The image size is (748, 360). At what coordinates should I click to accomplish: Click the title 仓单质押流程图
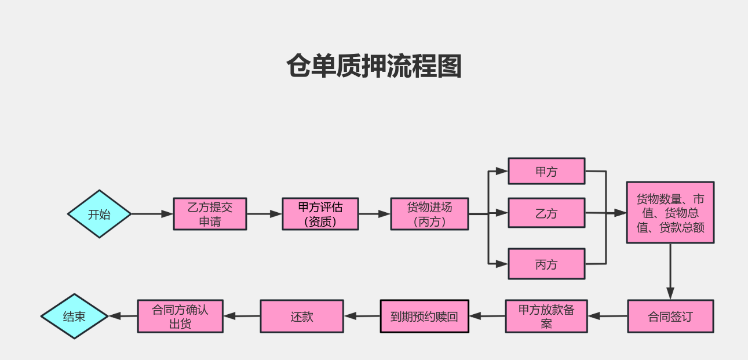pos(374,66)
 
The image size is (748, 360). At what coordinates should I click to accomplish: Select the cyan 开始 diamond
pos(100,214)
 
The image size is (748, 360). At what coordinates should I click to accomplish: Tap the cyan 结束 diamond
pos(75,316)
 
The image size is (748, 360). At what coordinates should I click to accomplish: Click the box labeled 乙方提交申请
pos(210,214)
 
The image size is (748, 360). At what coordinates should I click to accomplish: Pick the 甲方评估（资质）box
pos(320,214)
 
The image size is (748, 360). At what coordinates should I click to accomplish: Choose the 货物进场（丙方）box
pos(429,214)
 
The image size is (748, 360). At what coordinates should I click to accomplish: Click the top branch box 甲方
pos(546,171)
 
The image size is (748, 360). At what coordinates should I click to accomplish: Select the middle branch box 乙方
pos(546,213)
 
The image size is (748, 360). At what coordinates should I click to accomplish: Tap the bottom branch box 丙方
pos(546,264)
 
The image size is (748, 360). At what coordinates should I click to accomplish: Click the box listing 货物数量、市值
pos(670,212)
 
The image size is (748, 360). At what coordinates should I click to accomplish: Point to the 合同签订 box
pos(670,316)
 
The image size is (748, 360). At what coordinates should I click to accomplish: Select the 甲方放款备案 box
pos(546,316)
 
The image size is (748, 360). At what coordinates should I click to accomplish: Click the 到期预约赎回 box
pos(424,316)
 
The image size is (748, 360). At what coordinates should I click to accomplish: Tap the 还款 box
pos(301,316)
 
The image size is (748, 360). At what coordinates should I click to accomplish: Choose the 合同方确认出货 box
pos(180,316)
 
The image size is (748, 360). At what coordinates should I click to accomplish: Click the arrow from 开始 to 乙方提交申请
pos(152,214)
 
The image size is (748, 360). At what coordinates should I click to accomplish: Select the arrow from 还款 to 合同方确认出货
pos(242,316)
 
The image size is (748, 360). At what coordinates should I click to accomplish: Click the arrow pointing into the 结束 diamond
pos(123,316)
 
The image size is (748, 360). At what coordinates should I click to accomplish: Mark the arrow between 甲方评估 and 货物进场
pos(374,214)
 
